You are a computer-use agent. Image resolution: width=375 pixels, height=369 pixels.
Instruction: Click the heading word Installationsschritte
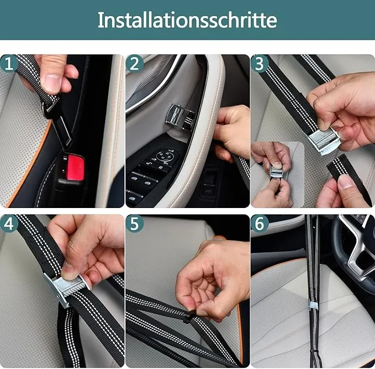tap(187, 20)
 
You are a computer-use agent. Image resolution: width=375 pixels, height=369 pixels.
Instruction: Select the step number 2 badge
tap(134, 64)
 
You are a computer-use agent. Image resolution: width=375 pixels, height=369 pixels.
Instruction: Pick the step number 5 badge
tap(134, 225)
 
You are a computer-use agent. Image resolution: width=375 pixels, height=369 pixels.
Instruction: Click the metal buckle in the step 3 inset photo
tap(277, 173)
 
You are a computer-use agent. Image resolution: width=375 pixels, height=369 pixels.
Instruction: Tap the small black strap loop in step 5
tap(190, 318)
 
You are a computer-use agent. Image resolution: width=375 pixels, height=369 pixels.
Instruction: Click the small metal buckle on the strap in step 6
tap(313, 319)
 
